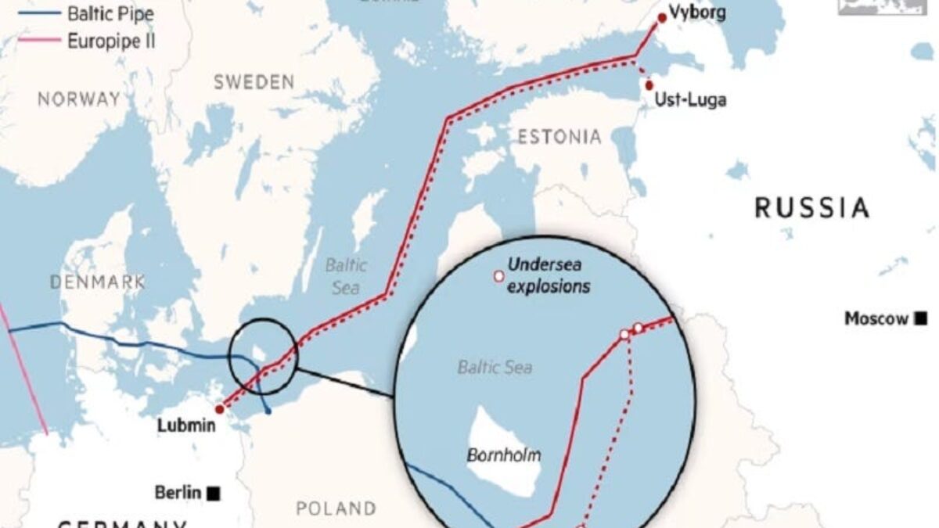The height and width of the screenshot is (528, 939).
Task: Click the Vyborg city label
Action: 698,13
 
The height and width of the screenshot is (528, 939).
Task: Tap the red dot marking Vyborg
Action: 662,18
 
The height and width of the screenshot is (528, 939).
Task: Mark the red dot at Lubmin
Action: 220,408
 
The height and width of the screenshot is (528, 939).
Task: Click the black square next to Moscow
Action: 922,318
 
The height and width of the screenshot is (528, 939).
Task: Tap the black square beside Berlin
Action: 213,493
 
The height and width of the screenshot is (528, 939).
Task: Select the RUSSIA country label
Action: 811,208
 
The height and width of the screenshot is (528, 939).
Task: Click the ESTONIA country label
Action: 559,138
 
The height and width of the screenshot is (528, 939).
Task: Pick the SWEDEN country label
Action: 254,82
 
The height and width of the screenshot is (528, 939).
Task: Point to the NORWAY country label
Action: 79,99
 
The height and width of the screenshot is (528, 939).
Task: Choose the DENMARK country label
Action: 98,282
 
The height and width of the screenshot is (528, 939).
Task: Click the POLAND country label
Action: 336,508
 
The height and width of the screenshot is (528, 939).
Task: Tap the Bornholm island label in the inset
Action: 503,454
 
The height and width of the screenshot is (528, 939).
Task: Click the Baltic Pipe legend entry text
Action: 110,13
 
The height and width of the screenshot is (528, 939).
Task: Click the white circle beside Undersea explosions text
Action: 497,275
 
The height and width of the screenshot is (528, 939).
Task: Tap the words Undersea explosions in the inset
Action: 549,275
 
